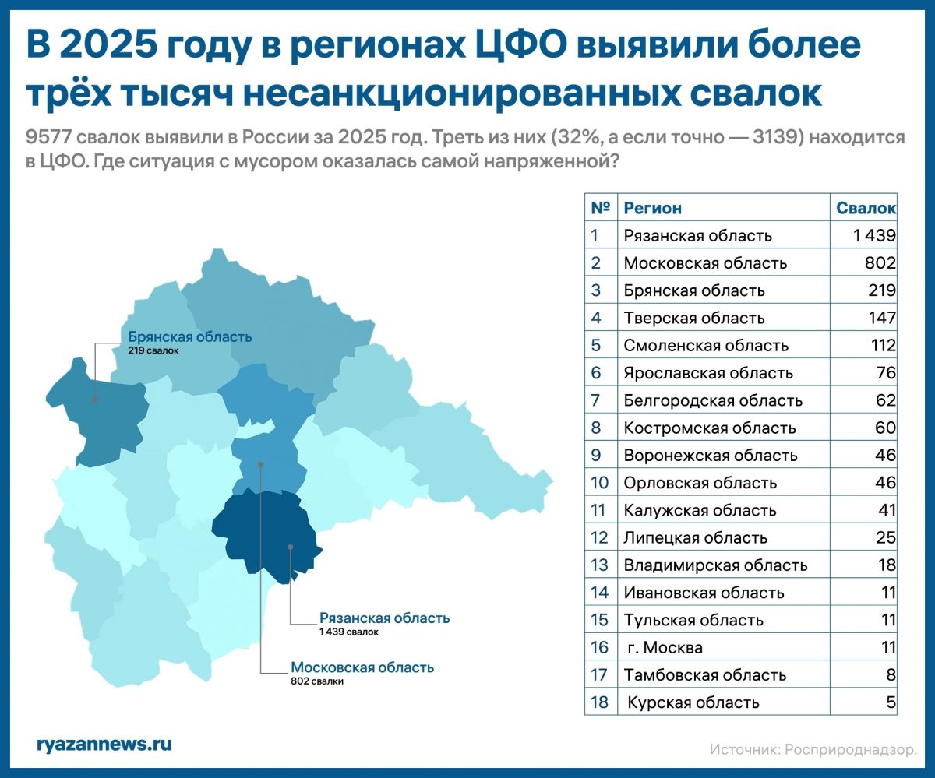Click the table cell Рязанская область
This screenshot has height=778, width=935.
pos(697,235)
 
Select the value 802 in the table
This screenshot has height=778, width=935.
pos(879,263)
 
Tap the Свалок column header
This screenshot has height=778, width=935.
pos(866,208)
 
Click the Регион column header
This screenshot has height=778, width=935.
pos(652,208)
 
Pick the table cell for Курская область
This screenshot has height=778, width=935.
pos(693,702)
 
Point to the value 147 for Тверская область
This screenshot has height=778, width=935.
pos(880,318)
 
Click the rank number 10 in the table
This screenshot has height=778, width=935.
pos(599,483)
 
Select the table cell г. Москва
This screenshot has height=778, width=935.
pos(665,647)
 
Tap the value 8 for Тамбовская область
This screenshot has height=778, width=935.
pos(891,675)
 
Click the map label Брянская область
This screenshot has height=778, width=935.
pos(189,337)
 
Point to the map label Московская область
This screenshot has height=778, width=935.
pos(362,667)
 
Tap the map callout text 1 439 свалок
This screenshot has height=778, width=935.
pos(348,632)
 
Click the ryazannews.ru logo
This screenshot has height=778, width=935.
pos(104,743)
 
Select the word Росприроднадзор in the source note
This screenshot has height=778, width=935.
pos(850,749)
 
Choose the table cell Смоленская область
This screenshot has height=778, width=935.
pos(706,345)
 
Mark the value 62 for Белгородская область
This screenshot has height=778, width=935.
pos(885,400)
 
